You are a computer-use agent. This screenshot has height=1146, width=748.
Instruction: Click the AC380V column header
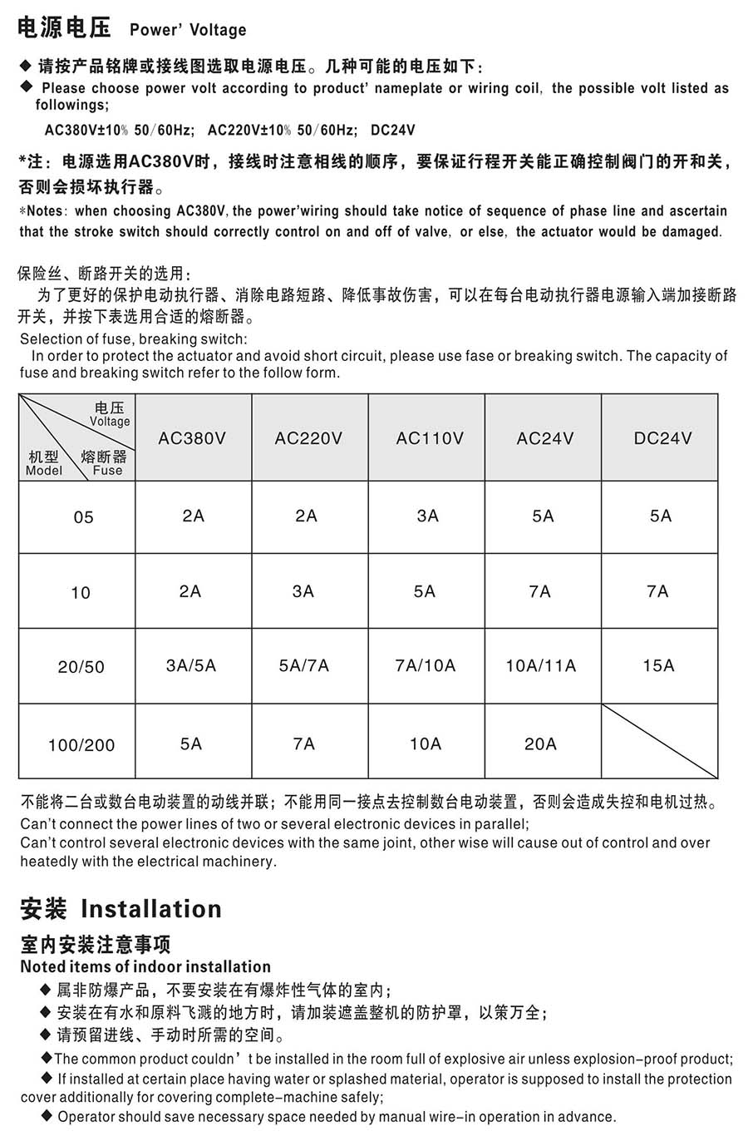pyautogui.click(x=192, y=438)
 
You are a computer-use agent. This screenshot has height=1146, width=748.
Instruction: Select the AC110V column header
pyautogui.click(x=429, y=438)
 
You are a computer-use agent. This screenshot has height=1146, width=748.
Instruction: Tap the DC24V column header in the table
pyautogui.click(x=662, y=438)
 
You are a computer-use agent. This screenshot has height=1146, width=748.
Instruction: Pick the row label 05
pyautogui.click(x=83, y=517)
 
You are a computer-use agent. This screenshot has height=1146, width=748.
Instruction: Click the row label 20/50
pyautogui.click(x=81, y=667)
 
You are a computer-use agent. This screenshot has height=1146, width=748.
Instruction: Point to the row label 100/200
pyautogui.click(x=81, y=745)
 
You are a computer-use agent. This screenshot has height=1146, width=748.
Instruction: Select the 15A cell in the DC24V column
pyautogui.click(x=658, y=665)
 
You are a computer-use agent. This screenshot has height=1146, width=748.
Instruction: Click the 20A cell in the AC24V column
pyautogui.click(x=540, y=743)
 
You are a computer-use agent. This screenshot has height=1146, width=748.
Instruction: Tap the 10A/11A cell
pyautogui.click(x=540, y=665)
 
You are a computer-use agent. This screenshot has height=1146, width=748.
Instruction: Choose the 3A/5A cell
pyautogui.click(x=191, y=665)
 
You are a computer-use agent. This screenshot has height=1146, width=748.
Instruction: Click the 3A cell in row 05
pyautogui.click(x=427, y=516)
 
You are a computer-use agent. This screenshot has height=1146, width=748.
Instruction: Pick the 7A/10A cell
pyautogui.click(x=426, y=665)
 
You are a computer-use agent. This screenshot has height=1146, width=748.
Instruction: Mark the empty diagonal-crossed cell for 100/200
pyautogui.click(x=659, y=741)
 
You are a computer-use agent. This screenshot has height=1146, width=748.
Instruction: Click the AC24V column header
pyautogui.click(x=544, y=438)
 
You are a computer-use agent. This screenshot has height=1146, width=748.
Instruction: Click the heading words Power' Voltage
pyautogui.click(x=188, y=31)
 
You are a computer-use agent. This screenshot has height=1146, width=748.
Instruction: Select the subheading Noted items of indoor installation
pyautogui.click(x=145, y=966)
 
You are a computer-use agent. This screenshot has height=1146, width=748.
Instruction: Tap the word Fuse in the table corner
pyautogui.click(x=107, y=471)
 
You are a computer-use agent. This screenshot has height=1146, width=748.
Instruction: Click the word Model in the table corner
pyautogui.click(x=43, y=471)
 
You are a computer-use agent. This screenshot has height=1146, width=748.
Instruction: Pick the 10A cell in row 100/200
pyautogui.click(x=426, y=743)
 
